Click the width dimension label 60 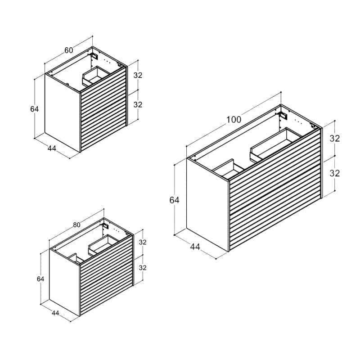pyautogui.click(x=69, y=50)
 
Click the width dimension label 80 pyautogui.click(x=76, y=225)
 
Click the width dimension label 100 pyautogui.click(x=234, y=120)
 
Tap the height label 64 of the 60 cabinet pyautogui.click(x=35, y=109)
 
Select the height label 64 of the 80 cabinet pyautogui.click(x=40, y=279)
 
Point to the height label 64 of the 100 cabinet pyautogui.click(x=174, y=200)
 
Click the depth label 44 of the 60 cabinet pyautogui.click(x=52, y=148)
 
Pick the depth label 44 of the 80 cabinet pyautogui.click(x=55, y=313)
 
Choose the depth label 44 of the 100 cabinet pyautogui.click(x=195, y=247)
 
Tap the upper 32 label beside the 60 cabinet pyautogui.click(x=138, y=75)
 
